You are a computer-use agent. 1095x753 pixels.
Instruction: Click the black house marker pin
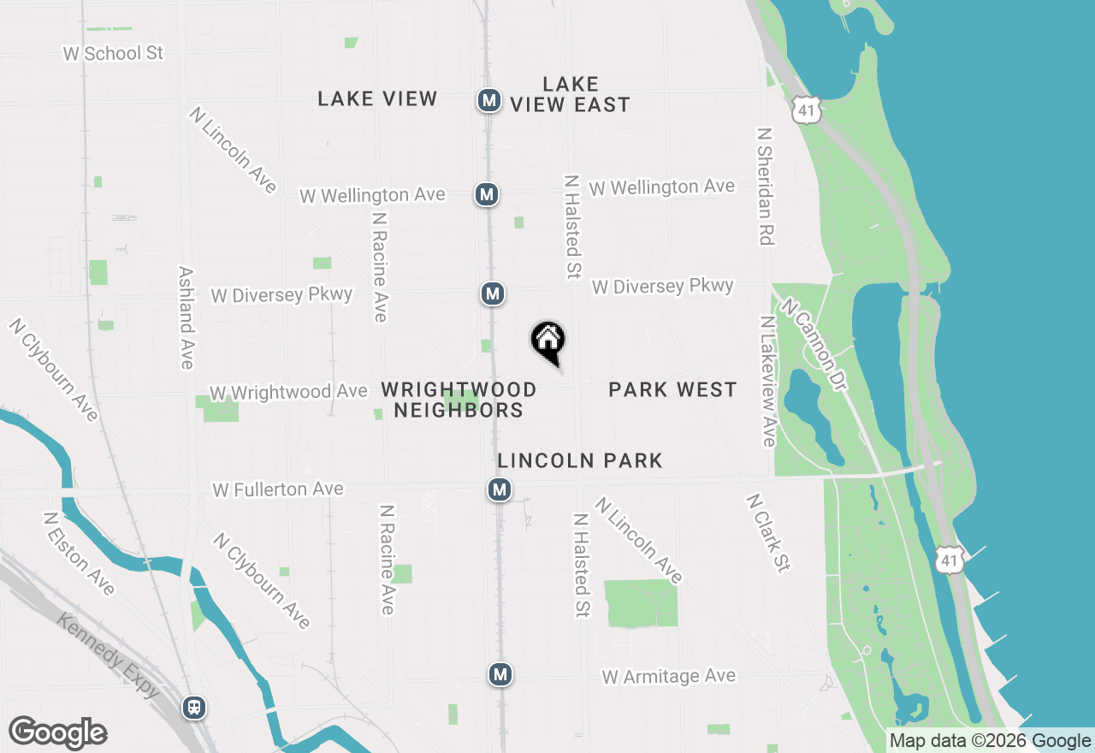click(548, 341)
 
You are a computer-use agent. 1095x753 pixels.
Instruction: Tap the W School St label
click(113, 53)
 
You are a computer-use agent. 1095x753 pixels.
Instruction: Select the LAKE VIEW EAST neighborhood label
click(571, 94)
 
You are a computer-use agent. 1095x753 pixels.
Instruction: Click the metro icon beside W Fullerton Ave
click(500, 490)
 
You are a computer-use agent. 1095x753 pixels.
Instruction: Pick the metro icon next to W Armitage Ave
click(500, 674)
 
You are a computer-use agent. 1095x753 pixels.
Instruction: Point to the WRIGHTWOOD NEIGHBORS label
click(459, 400)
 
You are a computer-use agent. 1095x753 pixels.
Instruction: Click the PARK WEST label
click(672, 390)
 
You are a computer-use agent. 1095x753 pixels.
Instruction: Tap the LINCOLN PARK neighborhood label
click(580, 461)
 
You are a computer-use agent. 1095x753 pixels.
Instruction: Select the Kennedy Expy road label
click(108, 655)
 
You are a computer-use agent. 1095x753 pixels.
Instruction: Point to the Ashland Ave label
click(186, 317)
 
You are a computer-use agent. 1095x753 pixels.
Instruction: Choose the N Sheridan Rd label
click(765, 187)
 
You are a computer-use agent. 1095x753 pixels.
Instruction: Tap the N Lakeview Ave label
click(767, 381)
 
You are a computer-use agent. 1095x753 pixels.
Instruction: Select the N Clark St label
click(767, 532)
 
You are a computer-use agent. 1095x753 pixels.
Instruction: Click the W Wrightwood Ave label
click(288, 392)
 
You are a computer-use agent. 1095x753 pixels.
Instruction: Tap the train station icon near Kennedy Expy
click(195, 708)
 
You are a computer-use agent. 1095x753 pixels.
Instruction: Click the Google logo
click(57, 733)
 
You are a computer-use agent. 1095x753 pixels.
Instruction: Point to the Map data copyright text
click(991, 741)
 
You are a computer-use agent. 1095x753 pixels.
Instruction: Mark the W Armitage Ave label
click(668, 677)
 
